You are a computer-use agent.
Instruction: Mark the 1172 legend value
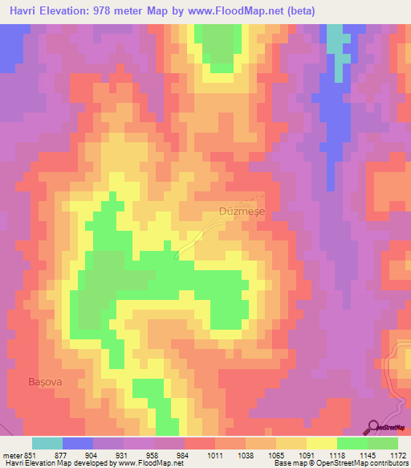click(398, 456)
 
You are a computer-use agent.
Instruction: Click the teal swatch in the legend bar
click(47, 443)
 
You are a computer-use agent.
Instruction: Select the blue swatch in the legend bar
click(78, 443)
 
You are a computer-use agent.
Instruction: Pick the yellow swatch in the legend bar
click(321, 443)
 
